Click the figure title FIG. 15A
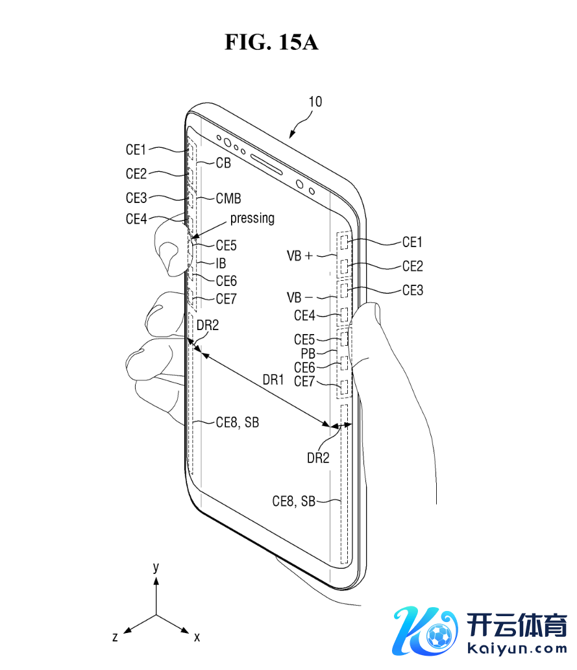(x=271, y=42)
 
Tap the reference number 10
(x=315, y=102)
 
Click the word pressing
(x=252, y=219)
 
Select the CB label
(x=223, y=163)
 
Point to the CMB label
(x=228, y=198)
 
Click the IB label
(x=221, y=263)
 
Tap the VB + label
(x=300, y=256)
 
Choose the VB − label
(x=300, y=298)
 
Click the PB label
(x=308, y=353)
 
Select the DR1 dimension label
(x=273, y=380)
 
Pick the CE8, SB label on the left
(x=238, y=422)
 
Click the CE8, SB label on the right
(x=294, y=501)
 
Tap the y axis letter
(x=156, y=568)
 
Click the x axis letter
(x=197, y=637)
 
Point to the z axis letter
(x=115, y=637)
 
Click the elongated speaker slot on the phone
(x=266, y=163)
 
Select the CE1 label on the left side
(x=136, y=150)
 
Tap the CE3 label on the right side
(x=413, y=291)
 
